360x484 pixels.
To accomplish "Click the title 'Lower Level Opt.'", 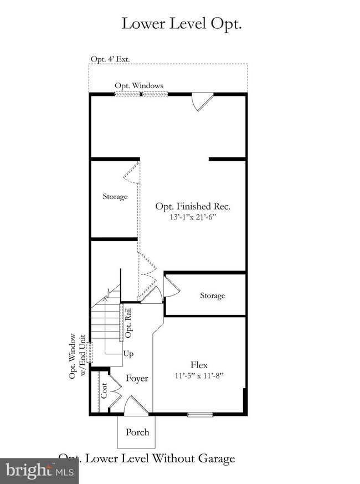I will pyautogui.click(x=182, y=24).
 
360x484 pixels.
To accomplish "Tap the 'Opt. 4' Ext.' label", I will pyautogui.click(x=110, y=59).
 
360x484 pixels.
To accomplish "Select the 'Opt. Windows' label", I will pyautogui.click(x=139, y=85).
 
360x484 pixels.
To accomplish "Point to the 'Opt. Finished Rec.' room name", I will pyautogui.click(x=192, y=206).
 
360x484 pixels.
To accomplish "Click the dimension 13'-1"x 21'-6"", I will pyautogui.click(x=192, y=217).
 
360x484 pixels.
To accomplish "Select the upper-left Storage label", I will pyautogui.click(x=115, y=197).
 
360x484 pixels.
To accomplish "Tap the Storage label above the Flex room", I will pyautogui.click(x=212, y=296).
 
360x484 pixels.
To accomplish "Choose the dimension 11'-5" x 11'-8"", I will pyautogui.click(x=199, y=375).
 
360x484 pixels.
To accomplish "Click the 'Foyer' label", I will pyautogui.click(x=137, y=379).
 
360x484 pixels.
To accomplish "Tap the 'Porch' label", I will pyautogui.click(x=137, y=432).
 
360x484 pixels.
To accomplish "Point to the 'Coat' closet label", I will pyautogui.click(x=104, y=391).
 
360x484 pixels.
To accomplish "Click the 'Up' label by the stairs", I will pyautogui.click(x=128, y=354).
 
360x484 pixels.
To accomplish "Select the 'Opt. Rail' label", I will pyautogui.click(x=128, y=327).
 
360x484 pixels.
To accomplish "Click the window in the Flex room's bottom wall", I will pyautogui.click(x=200, y=414).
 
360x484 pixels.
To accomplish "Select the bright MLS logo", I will pyautogui.click(x=39, y=471).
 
